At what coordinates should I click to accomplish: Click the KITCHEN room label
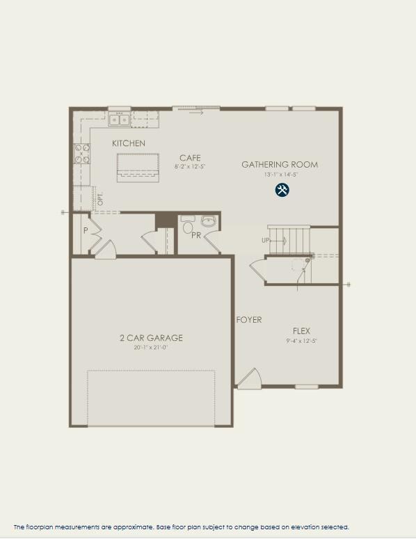129,143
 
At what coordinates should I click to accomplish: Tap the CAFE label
189,158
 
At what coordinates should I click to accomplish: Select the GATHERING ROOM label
280,165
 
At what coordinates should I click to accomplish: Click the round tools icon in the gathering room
282,190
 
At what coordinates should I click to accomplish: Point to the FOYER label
248,320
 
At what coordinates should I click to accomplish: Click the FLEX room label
301,331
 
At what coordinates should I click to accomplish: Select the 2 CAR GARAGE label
150,338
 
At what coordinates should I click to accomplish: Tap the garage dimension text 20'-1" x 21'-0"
150,347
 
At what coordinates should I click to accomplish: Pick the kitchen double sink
119,120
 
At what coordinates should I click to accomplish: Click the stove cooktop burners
82,153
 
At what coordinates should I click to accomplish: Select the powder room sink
209,222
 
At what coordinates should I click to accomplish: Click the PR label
196,235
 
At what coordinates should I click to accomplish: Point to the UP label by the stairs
266,240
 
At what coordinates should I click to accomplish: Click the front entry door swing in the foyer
250,379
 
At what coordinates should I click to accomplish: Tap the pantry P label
86,230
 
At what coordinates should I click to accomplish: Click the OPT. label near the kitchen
100,198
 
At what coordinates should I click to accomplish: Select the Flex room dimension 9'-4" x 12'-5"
301,341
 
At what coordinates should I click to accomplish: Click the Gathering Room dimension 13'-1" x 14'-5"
280,175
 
